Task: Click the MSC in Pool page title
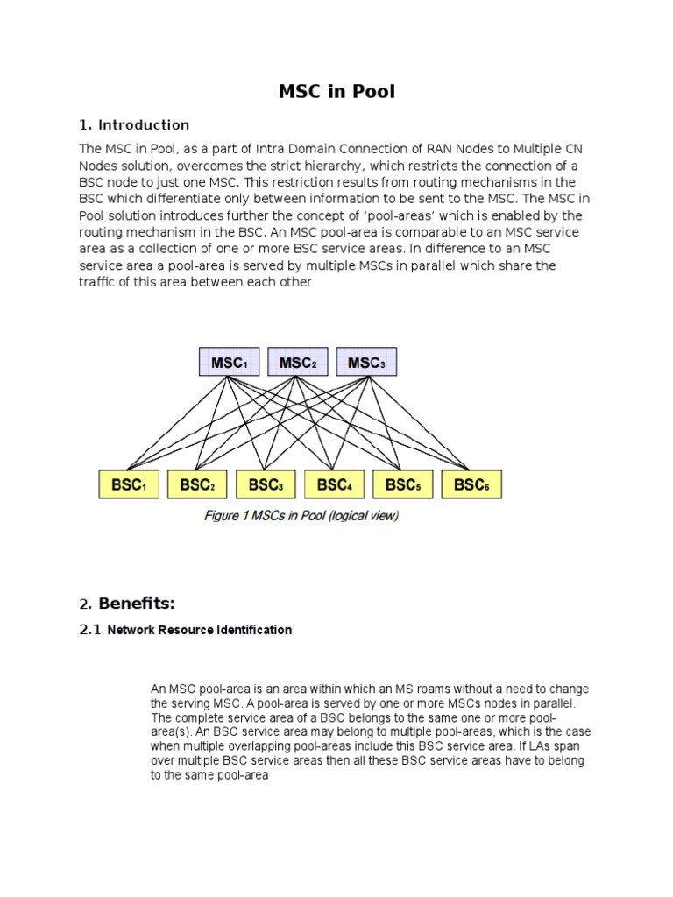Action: [336, 91]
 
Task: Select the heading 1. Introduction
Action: [134, 124]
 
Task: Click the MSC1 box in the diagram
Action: [229, 362]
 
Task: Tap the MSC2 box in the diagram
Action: [297, 362]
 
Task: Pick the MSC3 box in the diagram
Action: [365, 362]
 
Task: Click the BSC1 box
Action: [129, 484]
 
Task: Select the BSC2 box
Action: [197, 484]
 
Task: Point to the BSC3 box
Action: [266, 484]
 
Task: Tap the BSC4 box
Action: [334, 484]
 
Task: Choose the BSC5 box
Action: [402, 484]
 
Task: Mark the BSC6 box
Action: [471, 484]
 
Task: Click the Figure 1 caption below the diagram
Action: [301, 516]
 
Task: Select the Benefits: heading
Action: [137, 603]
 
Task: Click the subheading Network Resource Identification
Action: [199, 630]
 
